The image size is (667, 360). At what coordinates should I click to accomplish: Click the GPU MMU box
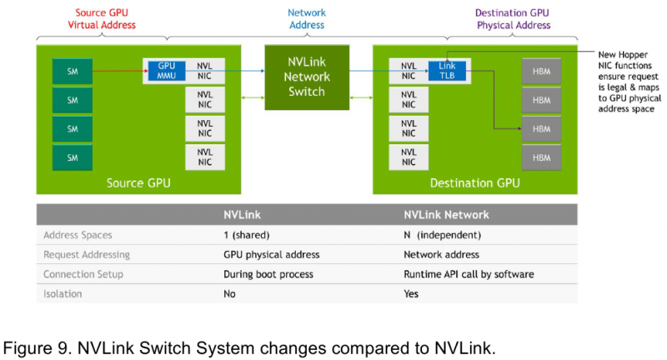[x=167, y=71]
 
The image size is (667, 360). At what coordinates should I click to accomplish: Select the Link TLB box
[x=447, y=71]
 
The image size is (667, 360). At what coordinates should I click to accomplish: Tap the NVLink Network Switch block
[x=307, y=77]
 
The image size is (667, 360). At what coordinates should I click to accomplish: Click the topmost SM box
[x=73, y=72]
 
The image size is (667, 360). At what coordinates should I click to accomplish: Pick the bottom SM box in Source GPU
[x=73, y=157]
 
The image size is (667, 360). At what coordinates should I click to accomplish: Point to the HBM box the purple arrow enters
[x=541, y=129]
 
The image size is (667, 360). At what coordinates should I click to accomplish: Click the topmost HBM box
[x=541, y=72]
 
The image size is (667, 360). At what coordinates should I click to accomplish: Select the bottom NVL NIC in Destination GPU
[x=409, y=157]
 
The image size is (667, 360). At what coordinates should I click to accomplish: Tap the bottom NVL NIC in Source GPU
[x=204, y=157]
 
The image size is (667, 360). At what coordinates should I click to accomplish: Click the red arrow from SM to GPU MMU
[x=120, y=71]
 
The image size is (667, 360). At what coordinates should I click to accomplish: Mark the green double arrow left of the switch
[x=253, y=97]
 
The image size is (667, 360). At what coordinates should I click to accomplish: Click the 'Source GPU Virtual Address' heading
[x=102, y=18]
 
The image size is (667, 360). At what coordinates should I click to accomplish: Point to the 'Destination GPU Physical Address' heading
[x=513, y=19]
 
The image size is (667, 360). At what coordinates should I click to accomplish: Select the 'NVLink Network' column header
[x=446, y=215]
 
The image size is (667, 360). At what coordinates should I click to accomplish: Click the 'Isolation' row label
[x=63, y=293]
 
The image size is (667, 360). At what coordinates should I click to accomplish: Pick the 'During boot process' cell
[x=268, y=274]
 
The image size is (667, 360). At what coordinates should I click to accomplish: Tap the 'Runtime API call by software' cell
[x=469, y=274]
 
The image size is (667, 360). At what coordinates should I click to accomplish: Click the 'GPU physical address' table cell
[x=272, y=255]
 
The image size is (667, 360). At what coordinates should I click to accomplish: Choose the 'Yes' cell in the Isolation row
[x=411, y=293]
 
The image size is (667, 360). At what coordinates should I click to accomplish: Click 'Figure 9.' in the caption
[x=38, y=348]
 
